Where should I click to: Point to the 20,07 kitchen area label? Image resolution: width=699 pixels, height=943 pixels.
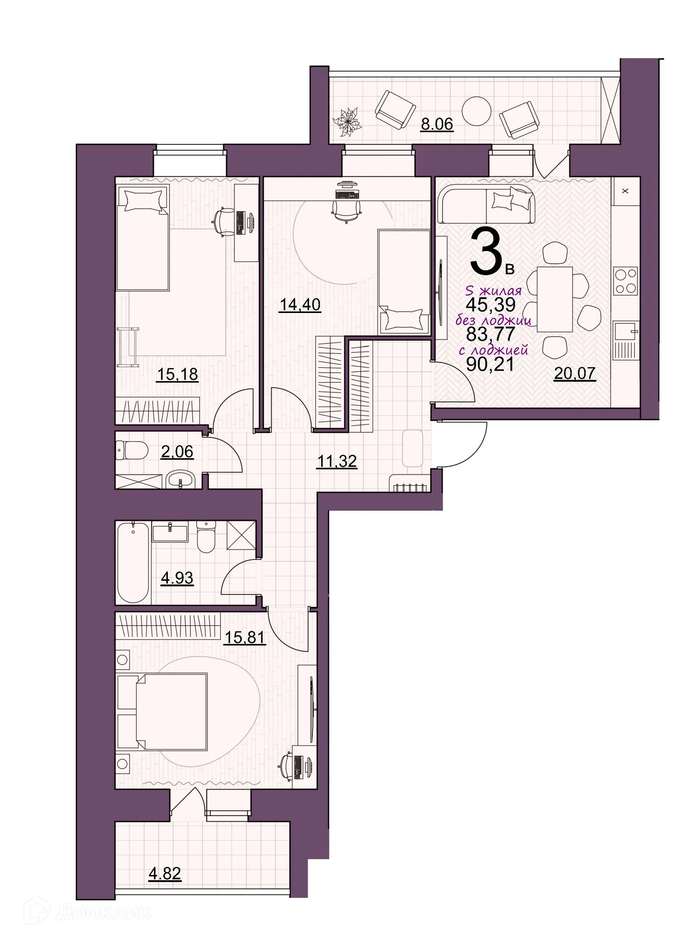pos(574,373)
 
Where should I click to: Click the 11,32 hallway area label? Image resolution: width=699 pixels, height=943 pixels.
pos(337,460)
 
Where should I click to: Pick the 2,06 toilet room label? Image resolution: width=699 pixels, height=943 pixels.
pos(177,451)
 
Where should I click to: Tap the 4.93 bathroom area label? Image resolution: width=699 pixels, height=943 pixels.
pos(177,577)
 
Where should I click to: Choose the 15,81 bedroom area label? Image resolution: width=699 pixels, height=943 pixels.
pos(245,637)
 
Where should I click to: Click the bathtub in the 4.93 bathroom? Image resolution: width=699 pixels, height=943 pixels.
pos(133,563)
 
